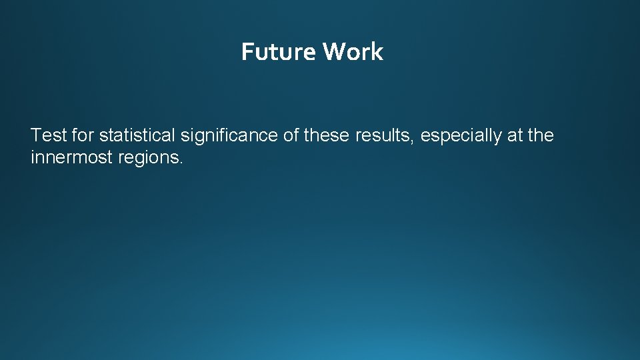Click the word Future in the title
point(279,51)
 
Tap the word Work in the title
point(353,51)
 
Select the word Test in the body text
point(48,135)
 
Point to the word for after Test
point(83,135)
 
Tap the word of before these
point(291,135)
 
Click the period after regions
point(180,163)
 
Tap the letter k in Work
point(378,51)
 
